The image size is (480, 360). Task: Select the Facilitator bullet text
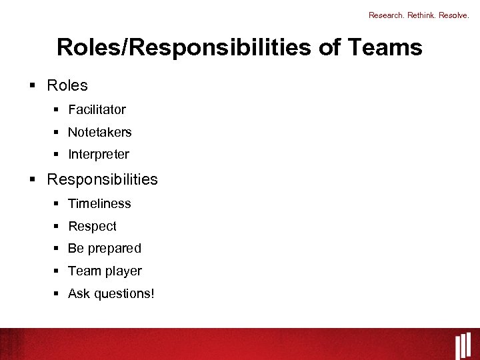pos(97,109)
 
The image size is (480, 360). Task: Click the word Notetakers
pos(100,132)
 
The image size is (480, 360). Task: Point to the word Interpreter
pos(99,154)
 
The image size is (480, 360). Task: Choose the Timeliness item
pos(99,203)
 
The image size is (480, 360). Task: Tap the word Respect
pos(92,226)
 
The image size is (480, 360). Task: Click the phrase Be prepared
pos(105,248)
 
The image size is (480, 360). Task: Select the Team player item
pos(105,271)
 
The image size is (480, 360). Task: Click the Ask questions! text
pos(111,293)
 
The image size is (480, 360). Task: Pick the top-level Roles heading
pos(67,85)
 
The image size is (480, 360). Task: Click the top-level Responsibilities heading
pos(103,179)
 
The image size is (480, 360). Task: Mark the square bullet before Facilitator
pos(57,109)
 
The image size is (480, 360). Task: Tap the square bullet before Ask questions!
pos(57,293)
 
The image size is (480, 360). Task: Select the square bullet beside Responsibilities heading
pos(33,179)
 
